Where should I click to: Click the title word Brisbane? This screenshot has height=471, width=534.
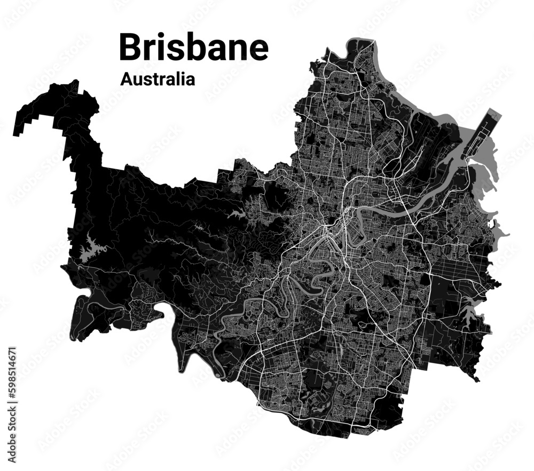point(193,47)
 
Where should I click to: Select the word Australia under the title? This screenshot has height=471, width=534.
point(158,79)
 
